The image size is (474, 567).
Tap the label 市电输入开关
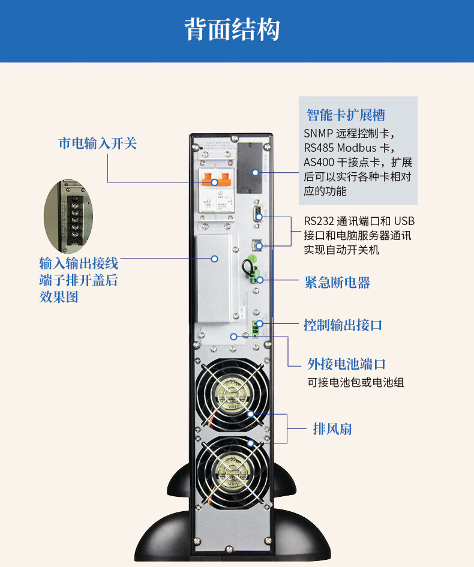click(x=98, y=143)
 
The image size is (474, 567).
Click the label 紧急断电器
click(x=337, y=283)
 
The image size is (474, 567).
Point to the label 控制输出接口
click(x=343, y=325)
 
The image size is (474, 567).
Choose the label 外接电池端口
click(x=346, y=364)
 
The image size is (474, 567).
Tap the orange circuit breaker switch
click(x=216, y=179)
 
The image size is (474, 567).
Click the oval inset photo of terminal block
click(x=71, y=216)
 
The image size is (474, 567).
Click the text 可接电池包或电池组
click(x=355, y=382)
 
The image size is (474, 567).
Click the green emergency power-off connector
click(x=257, y=276)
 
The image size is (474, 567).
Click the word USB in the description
click(x=404, y=221)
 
